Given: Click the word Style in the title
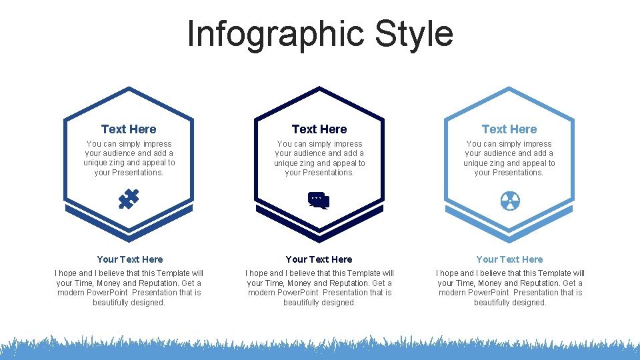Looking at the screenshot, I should (414, 34).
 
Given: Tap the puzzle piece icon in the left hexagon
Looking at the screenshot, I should (129, 199).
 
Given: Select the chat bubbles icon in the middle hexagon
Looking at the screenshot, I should (319, 200).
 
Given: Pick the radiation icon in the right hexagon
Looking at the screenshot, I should (509, 200).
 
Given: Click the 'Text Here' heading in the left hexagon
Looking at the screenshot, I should (129, 129).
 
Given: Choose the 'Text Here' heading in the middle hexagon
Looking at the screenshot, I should (319, 129).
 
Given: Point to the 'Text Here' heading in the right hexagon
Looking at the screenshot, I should (509, 129).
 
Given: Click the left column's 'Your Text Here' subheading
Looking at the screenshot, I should (129, 259).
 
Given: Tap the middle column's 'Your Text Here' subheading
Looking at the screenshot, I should (319, 259).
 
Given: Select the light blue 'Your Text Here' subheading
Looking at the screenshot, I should (509, 259).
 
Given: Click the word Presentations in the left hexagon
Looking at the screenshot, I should (138, 173).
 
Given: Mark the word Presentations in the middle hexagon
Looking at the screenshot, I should (329, 173).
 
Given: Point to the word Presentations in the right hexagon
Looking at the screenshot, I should (518, 173).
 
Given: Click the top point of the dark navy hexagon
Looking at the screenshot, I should (319, 89).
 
